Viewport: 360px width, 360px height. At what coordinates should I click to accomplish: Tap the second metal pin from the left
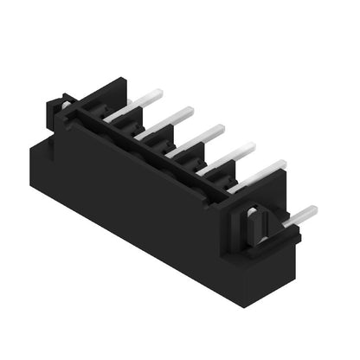pyautogui.click(x=173, y=117)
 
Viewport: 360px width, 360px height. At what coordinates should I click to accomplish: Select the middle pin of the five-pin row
pyautogui.click(x=204, y=134)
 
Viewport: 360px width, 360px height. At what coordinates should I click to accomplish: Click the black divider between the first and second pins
pyautogui.click(x=130, y=122)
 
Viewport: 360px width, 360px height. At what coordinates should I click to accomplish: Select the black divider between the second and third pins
pyautogui.click(x=160, y=139)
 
